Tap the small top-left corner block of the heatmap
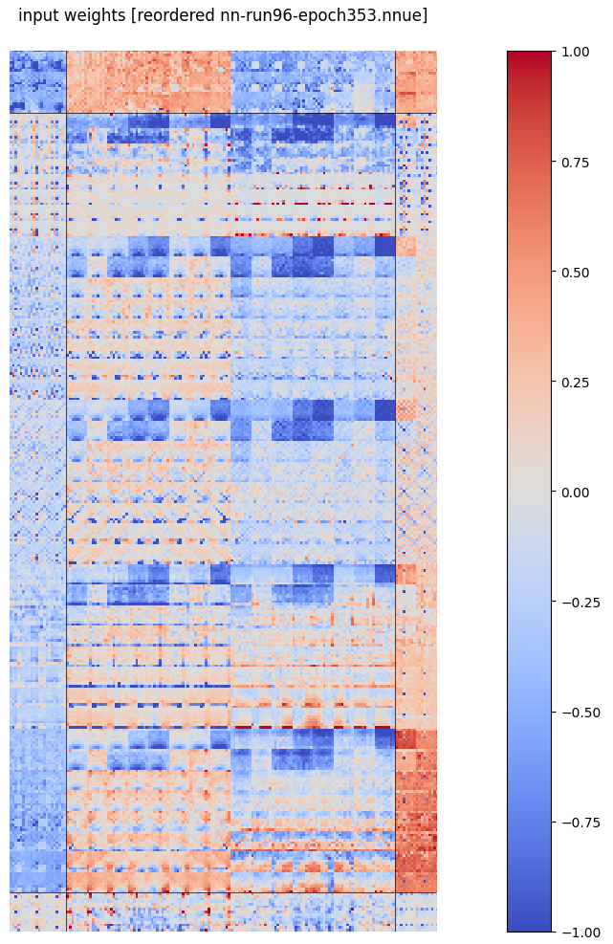(37, 81)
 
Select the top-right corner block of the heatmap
(416, 81)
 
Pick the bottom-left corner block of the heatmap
(37, 911)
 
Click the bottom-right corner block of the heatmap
(416, 911)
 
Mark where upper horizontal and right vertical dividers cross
(395, 113)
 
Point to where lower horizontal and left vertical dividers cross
(66, 892)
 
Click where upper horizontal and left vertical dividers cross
(66, 113)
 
